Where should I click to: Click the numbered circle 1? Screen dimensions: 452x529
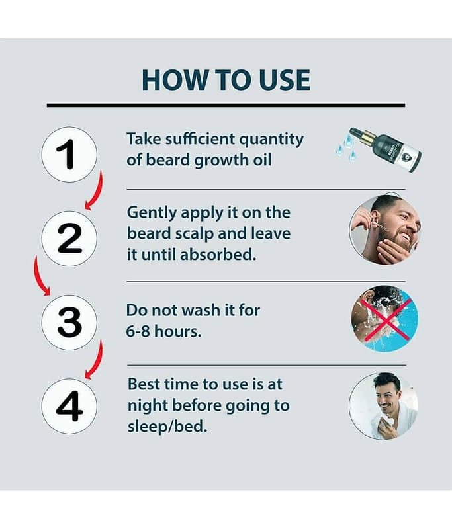tap(69, 155)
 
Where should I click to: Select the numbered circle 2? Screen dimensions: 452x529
tap(69, 239)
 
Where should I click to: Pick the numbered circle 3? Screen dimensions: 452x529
tap(69, 323)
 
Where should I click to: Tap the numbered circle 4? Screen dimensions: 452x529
tap(69, 406)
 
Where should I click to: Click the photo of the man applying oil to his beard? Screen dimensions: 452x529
tap(384, 229)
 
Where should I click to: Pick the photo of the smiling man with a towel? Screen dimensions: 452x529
tap(384, 406)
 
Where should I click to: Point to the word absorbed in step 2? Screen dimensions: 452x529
tap(218, 255)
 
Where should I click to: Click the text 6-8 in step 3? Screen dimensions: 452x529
tap(138, 331)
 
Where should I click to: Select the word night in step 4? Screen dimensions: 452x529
tap(148, 406)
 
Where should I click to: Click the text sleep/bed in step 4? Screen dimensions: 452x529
tap(167, 427)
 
